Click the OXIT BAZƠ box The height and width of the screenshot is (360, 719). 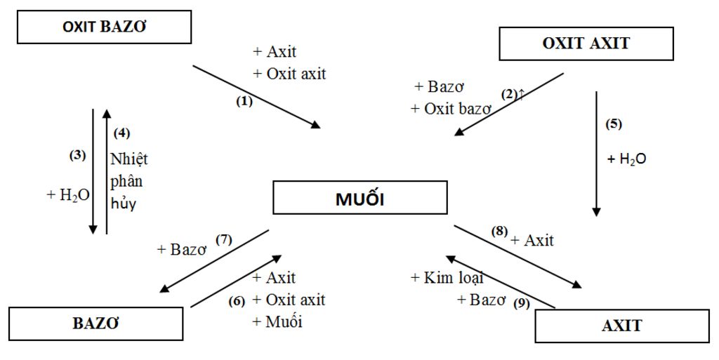(x=105, y=27)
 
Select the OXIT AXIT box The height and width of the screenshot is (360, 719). (x=586, y=44)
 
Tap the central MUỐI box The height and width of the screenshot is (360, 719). (x=359, y=198)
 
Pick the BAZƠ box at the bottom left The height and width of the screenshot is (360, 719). (x=95, y=324)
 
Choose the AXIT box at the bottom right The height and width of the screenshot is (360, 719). (x=621, y=326)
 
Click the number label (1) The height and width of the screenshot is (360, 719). (x=244, y=101)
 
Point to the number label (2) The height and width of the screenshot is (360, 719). (x=510, y=93)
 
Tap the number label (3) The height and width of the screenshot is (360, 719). (x=77, y=156)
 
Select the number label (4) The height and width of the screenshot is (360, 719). (x=122, y=132)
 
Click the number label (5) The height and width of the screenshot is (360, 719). (x=614, y=124)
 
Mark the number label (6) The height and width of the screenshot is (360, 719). (x=237, y=301)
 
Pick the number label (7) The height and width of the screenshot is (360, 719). (x=223, y=240)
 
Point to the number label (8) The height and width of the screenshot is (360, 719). (x=499, y=230)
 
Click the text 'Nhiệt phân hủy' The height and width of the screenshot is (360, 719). (x=128, y=181)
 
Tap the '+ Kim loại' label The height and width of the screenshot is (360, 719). (x=447, y=278)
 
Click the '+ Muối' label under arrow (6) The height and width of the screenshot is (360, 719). (x=277, y=322)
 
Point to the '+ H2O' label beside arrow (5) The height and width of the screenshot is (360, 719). (x=626, y=159)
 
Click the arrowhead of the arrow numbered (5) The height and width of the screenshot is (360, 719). (x=596, y=211)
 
